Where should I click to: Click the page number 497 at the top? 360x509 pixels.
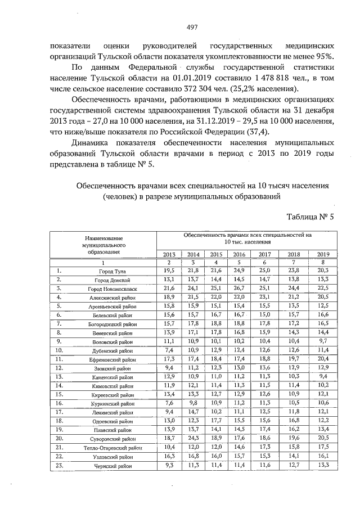pyautogui.click(x=179, y=27)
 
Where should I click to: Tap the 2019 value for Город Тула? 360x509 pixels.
pyautogui.click(x=323, y=271)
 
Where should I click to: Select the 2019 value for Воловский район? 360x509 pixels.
pyautogui.click(x=323, y=341)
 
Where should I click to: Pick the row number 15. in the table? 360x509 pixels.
pyautogui.click(x=58, y=394)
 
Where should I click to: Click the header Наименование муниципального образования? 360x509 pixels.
pyautogui.click(x=103, y=245)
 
